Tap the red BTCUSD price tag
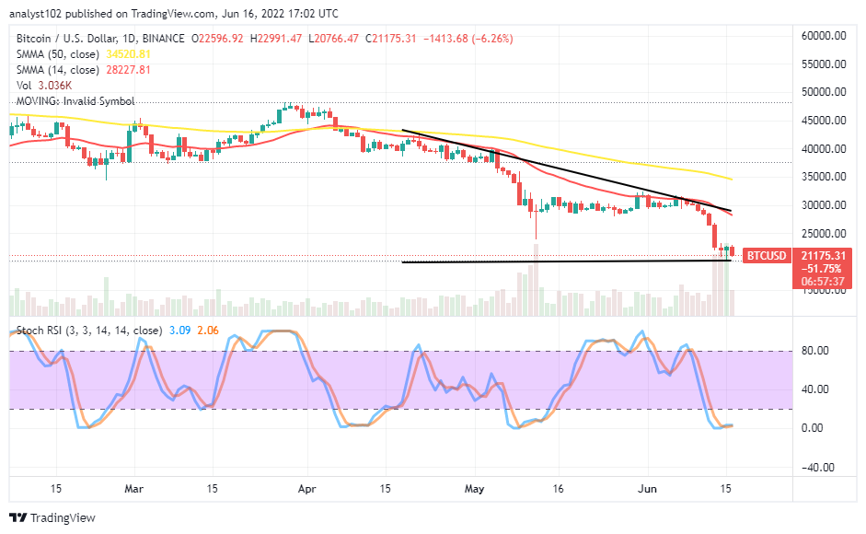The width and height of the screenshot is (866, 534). [x=765, y=255]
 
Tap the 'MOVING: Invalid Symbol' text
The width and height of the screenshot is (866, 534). [x=75, y=101]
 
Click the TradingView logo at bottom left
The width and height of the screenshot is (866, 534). [x=52, y=518]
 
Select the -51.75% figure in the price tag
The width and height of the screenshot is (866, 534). [x=818, y=267]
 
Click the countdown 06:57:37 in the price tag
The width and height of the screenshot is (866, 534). [x=818, y=280]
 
